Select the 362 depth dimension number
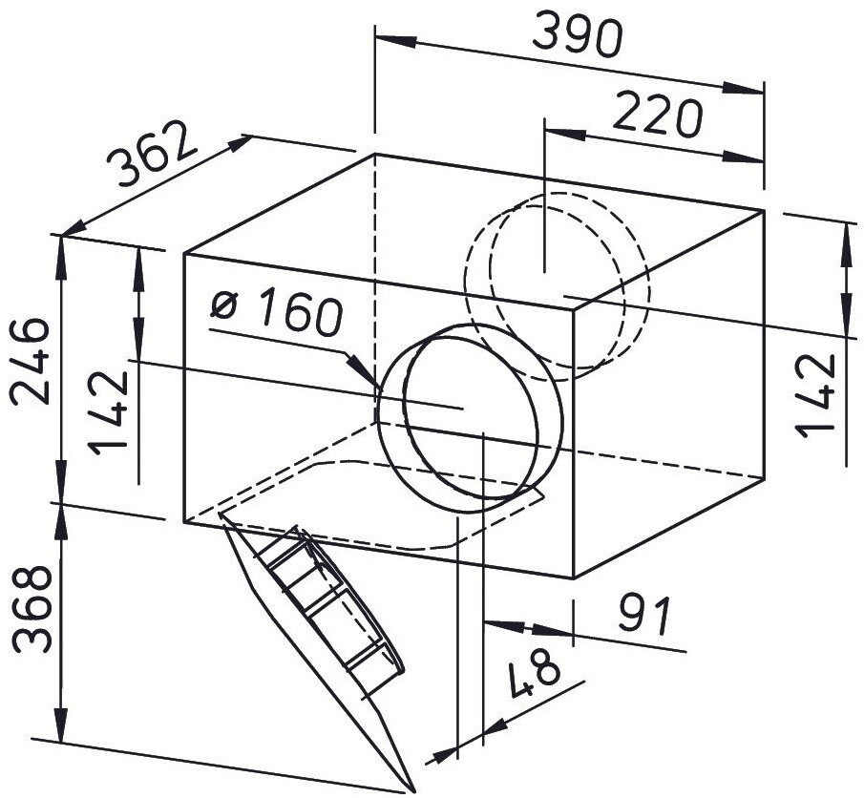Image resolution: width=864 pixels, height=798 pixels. click(151, 153)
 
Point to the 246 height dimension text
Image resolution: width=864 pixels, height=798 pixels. click(31, 362)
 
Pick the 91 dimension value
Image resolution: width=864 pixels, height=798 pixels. click(643, 615)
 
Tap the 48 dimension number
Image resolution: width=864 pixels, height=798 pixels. click(534, 672)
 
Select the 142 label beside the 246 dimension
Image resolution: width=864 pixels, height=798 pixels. click(109, 412)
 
